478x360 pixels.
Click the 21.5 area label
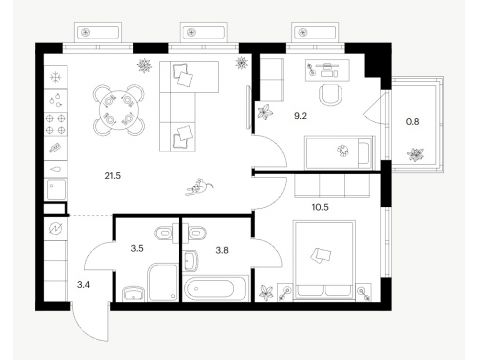tap(113, 176)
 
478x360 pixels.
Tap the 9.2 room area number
tap(300, 116)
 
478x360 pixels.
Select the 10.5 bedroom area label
tap(320, 207)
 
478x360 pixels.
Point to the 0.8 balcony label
tap(412, 122)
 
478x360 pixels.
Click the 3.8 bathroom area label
tap(222, 250)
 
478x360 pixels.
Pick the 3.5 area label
tap(137, 248)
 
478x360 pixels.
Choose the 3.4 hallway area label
tap(83, 285)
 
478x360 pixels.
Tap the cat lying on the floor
tap(199, 187)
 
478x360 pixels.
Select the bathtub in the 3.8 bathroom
tap(216, 289)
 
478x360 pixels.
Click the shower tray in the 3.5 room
tap(163, 283)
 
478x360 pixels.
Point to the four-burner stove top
tap(56, 124)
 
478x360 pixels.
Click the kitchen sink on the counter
tap(56, 190)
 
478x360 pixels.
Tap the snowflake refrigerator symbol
tap(56, 77)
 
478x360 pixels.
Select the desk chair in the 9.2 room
tap(331, 94)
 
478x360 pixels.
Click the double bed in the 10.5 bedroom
tap(324, 260)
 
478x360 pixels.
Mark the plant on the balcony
tap(415, 154)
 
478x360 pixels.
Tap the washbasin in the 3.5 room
tap(134, 294)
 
